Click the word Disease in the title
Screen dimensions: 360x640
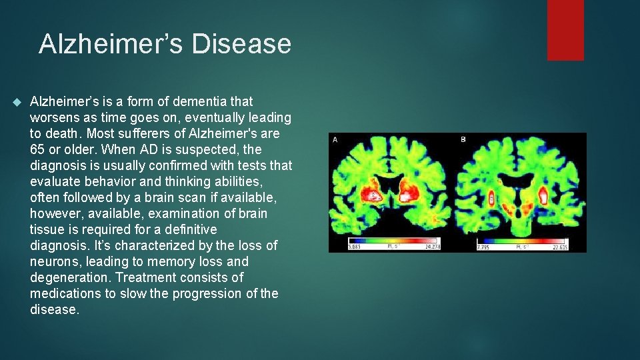pos(241,44)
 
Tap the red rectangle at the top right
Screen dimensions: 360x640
pos(565,30)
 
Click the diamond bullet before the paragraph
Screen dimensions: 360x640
pos(17,102)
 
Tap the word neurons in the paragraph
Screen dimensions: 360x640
pos(54,261)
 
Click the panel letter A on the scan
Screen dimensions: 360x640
pos(335,139)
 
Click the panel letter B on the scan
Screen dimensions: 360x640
pos(463,139)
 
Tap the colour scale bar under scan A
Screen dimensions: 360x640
pos(393,241)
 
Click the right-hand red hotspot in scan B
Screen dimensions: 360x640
pos(543,196)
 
